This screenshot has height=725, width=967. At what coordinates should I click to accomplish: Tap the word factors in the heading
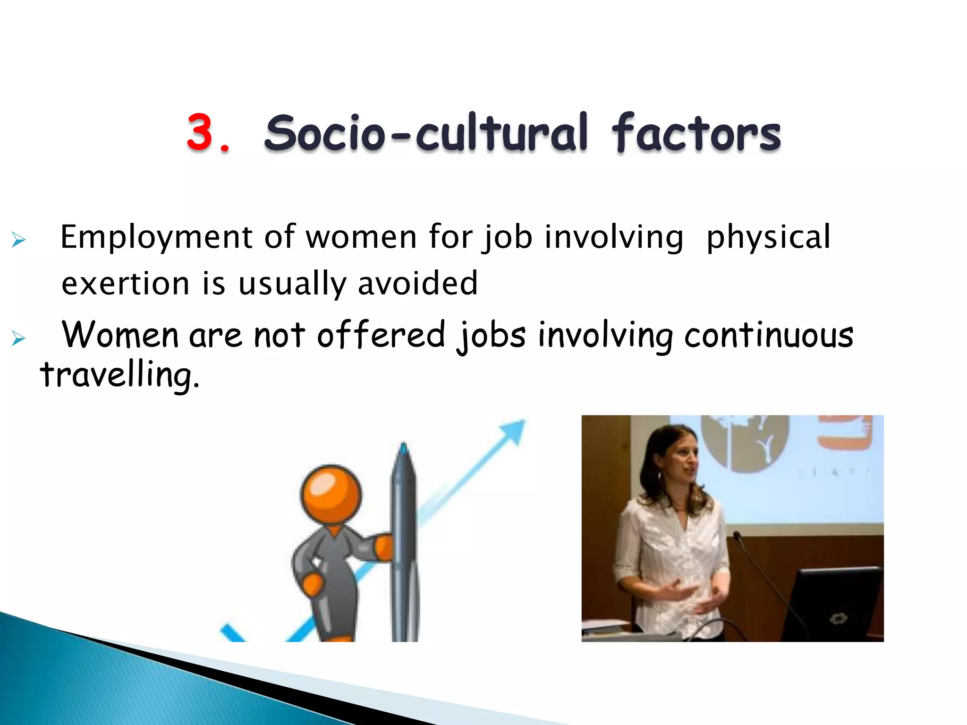696,133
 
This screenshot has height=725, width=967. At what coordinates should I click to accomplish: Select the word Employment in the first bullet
156,237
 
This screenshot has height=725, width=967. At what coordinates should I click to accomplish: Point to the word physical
768,237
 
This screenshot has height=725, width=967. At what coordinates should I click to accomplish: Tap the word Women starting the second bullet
120,335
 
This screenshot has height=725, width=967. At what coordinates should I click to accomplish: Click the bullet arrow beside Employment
18,240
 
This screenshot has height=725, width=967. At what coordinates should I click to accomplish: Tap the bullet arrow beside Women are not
18,338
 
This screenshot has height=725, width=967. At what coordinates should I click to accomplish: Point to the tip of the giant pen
403,447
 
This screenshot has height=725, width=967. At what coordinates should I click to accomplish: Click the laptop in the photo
831,604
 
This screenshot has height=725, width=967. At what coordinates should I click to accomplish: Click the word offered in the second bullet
381,335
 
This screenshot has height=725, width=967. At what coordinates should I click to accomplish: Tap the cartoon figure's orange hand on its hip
312,584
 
